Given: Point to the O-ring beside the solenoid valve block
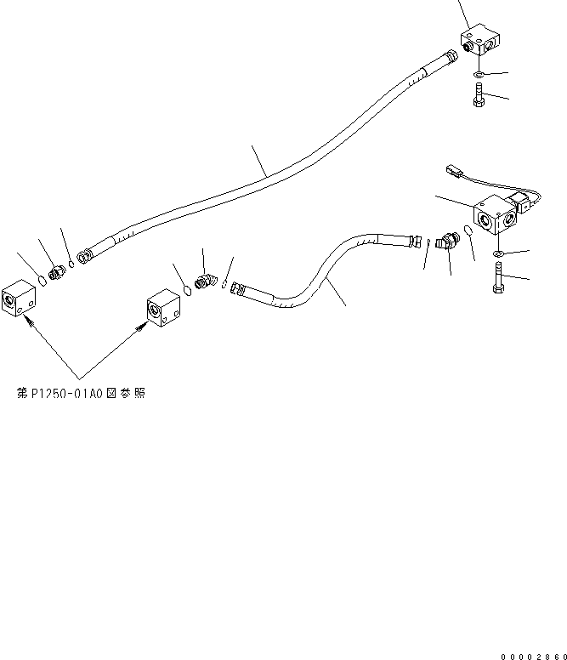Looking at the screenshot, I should [469, 233].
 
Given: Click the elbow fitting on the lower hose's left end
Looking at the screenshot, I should [206, 281].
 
